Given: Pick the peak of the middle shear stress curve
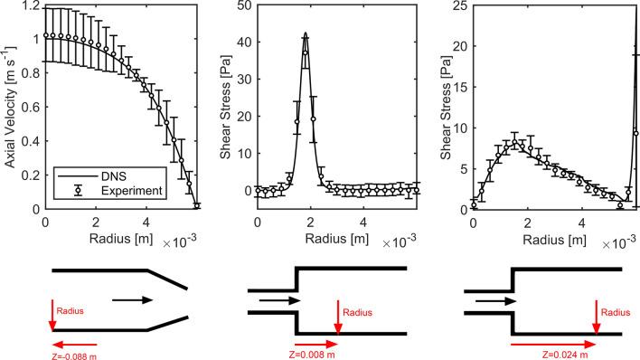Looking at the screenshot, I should (x=306, y=34).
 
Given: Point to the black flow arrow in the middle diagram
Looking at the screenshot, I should (x=273, y=300).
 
